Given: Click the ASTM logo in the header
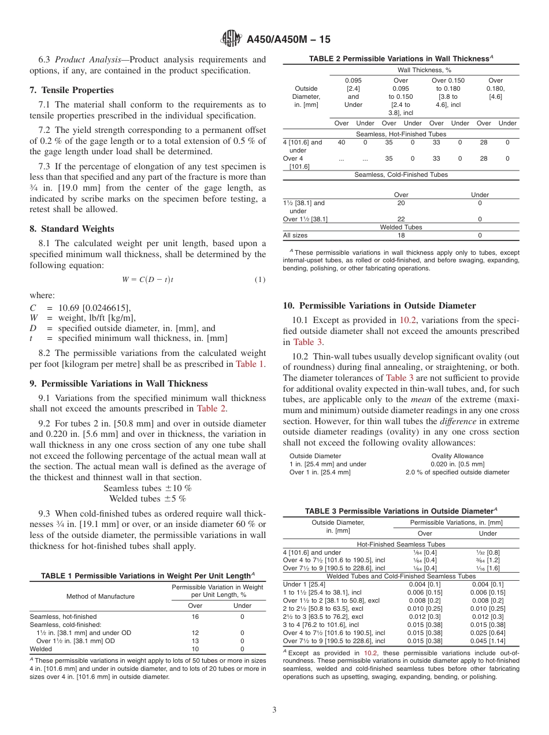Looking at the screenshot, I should point(231,39).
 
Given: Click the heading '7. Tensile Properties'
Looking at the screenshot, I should point(72,90).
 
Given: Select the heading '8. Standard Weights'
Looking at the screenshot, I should point(72,229).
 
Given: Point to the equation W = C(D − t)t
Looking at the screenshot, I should point(148,280).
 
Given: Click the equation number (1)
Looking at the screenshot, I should point(260,280).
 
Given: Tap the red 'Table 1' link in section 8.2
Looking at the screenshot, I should point(250,364).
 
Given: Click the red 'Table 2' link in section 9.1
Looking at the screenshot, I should point(212,409).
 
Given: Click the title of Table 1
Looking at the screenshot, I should point(147,576).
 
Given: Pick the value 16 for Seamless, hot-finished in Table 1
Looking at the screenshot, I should point(195,617).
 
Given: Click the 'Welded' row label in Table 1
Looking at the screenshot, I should point(41,649).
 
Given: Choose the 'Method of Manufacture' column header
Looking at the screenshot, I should point(100,596).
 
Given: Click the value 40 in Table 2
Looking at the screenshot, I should point(342,142).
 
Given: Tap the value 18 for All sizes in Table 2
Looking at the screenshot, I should point(400,236).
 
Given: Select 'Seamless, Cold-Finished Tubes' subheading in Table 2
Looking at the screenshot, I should point(400,175).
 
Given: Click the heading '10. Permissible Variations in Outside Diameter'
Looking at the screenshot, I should point(379,306).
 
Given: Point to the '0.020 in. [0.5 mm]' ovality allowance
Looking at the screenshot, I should point(457,464).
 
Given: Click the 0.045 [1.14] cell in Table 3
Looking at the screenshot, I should point(488,641).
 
